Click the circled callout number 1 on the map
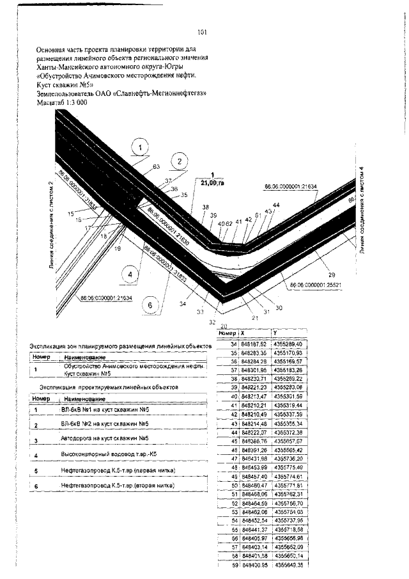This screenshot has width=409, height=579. pos(139,148)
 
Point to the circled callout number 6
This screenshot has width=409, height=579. pos(150,305)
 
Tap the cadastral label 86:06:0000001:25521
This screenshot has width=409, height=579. pos(314,284)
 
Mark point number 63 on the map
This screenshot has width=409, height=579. pos(155,166)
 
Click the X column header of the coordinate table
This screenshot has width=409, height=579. pos(242,333)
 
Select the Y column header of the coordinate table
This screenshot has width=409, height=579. pos(275,333)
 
